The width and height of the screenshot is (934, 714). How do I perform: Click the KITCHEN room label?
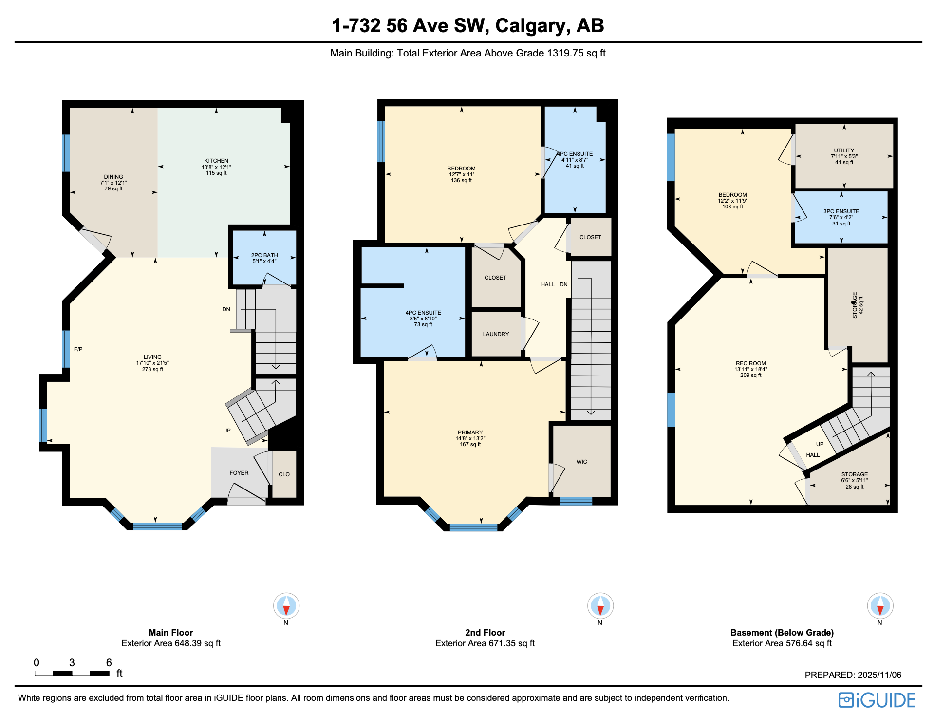[216, 161]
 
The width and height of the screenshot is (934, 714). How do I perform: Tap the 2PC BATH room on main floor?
[264, 256]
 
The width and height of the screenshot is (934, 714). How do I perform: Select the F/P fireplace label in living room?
[78, 349]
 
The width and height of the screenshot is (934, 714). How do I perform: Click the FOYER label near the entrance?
[239, 473]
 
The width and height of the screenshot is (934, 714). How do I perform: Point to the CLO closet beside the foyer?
[284, 474]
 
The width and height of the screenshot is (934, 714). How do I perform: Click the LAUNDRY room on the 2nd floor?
[496, 334]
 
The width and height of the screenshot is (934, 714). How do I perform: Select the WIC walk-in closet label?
[581, 462]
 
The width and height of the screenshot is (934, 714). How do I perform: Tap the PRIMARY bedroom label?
[470, 432]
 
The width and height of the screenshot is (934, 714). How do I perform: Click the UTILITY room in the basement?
[844, 151]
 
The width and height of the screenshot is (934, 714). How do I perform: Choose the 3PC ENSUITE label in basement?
[841, 212]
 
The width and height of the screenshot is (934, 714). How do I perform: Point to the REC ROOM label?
[750, 363]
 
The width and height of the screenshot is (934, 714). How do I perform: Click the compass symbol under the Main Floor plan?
[286, 606]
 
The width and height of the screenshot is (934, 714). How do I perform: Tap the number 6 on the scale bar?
[109, 662]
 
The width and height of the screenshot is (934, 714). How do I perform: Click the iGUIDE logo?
[877, 700]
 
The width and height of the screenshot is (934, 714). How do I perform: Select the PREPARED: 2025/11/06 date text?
[853, 675]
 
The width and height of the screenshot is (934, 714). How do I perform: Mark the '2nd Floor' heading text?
[485, 633]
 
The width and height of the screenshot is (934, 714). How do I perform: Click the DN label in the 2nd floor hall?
[563, 284]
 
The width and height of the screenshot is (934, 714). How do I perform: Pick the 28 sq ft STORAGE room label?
[854, 475]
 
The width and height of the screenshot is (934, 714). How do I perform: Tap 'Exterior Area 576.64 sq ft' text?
[782, 643]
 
